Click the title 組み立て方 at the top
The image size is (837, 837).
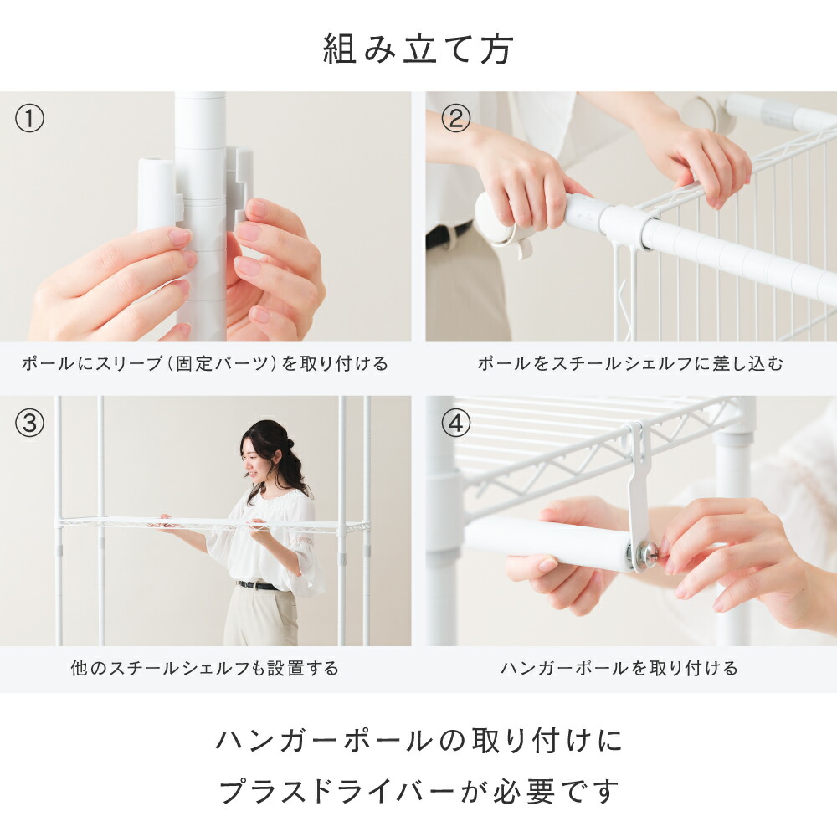418,49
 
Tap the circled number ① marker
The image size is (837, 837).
29,119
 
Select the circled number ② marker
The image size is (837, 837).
455,119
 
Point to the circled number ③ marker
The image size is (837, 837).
29,424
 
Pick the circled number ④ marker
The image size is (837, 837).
455,424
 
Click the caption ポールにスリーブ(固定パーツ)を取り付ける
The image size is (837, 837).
204,363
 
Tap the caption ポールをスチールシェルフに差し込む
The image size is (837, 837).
630,363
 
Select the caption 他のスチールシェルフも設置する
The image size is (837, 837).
204,668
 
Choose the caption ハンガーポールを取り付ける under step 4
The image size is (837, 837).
619,668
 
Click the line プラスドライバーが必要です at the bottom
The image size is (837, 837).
419,791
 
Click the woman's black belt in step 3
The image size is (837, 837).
259,586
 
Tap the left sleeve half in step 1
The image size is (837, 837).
157,194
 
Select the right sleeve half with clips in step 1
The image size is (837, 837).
240,186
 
